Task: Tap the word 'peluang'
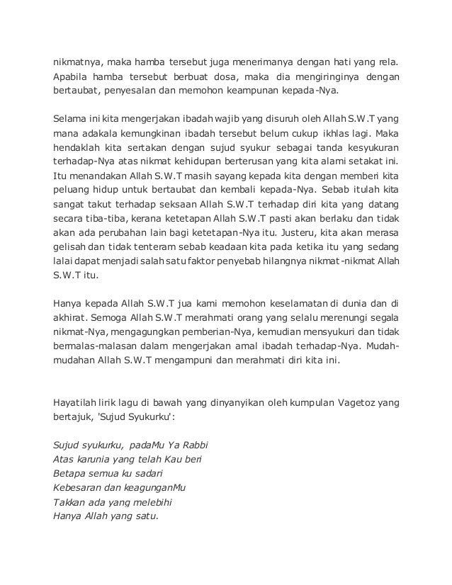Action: [72, 195]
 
